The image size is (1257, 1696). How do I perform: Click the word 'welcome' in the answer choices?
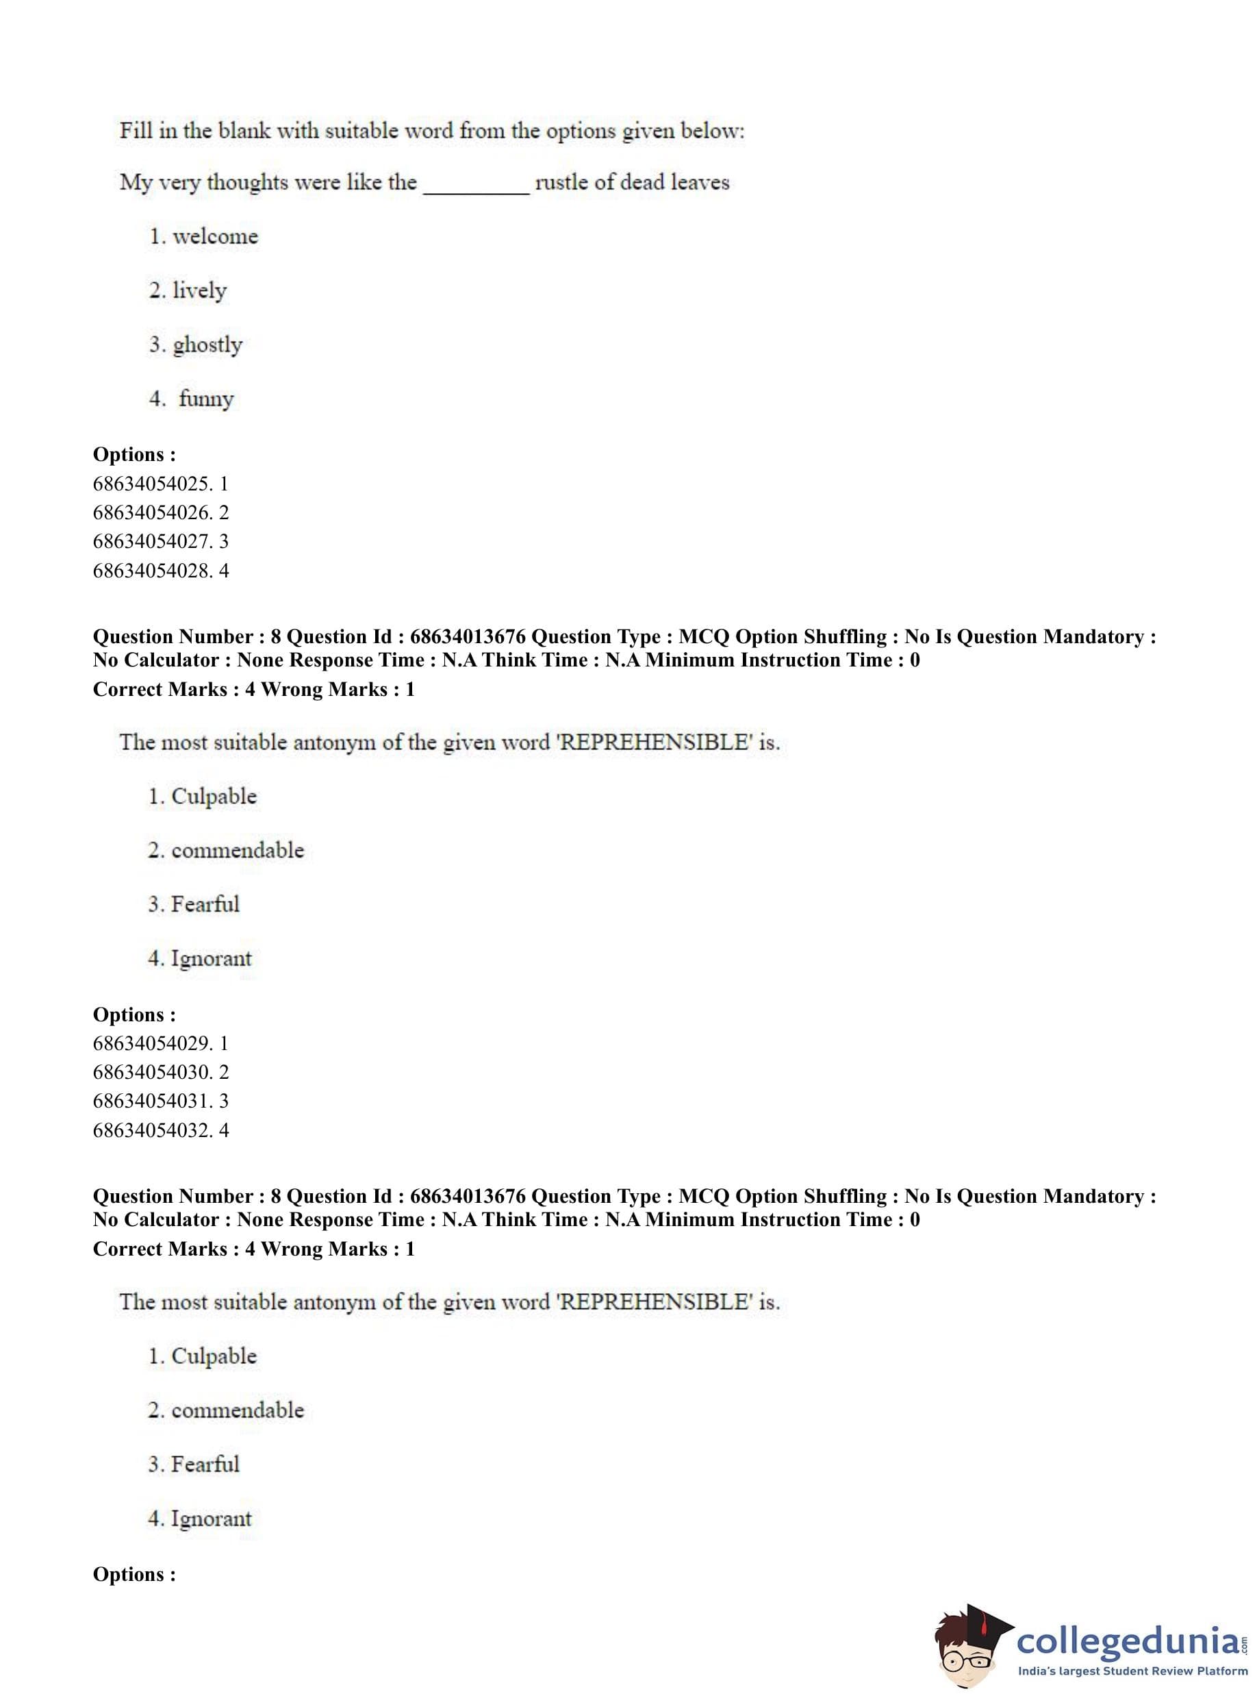pyautogui.click(x=216, y=237)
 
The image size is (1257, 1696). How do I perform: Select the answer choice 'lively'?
pyautogui.click(x=199, y=291)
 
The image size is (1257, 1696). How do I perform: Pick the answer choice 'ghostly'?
pyautogui.click(x=207, y=345)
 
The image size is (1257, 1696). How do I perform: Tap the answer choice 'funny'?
pyautogui.click(x=206, y=399)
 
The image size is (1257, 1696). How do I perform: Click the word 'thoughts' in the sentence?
pyautogui.click(x=247, y=183)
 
